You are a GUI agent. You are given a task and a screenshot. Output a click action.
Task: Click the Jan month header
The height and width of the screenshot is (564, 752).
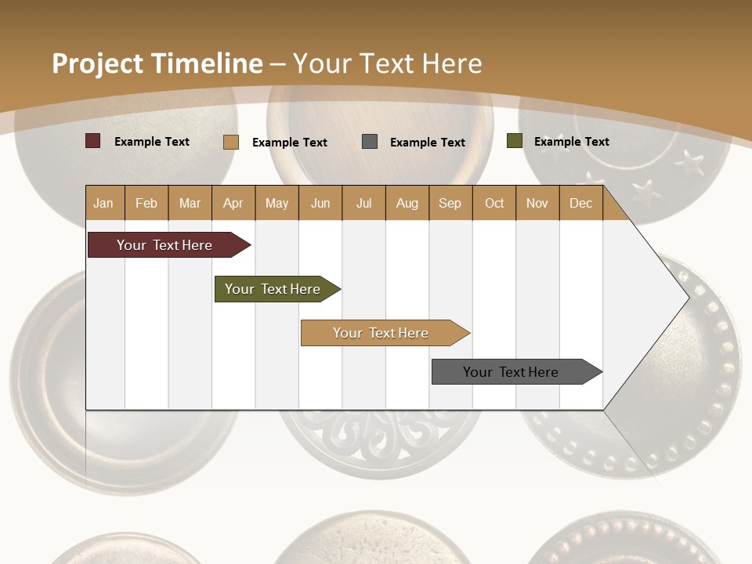(x=103, y=203)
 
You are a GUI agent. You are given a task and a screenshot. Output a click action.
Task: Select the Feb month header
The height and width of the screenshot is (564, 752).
(x=146, y=203)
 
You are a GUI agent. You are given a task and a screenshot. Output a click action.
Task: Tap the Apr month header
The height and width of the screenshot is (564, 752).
(x=233, y=203)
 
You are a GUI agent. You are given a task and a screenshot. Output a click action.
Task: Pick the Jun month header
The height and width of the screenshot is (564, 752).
(x=320, y=203)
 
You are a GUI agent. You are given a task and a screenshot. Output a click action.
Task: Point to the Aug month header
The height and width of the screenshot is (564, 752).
(x=407, y=203)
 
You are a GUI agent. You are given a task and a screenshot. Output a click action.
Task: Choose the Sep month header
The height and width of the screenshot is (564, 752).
(x=450, y=203)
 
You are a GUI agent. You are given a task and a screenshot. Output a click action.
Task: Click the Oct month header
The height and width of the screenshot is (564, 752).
(x=494, y=203)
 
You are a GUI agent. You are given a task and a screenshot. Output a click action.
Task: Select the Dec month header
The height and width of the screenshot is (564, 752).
(x=580, y=203)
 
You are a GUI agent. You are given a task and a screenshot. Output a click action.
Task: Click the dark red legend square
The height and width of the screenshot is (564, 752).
(x=93, y=141)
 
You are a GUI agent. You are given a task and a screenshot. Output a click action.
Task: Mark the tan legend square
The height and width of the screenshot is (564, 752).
(x=231, y=142)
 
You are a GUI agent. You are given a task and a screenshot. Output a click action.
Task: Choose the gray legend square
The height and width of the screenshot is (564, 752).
(x=370, y=142)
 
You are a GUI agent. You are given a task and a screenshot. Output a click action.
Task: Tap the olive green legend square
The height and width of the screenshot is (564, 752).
(x=515, y=141)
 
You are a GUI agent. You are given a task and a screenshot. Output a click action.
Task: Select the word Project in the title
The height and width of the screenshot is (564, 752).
(x=97, y=63)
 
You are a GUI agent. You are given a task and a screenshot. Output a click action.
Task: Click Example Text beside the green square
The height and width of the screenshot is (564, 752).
(x=571, y=141)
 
